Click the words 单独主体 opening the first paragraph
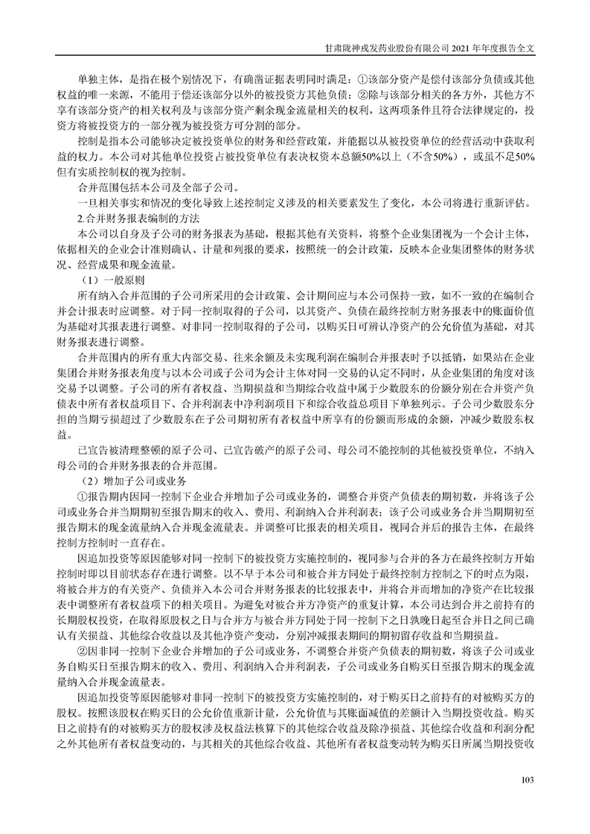coord(97,79)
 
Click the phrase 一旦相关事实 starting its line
coord(110,203)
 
